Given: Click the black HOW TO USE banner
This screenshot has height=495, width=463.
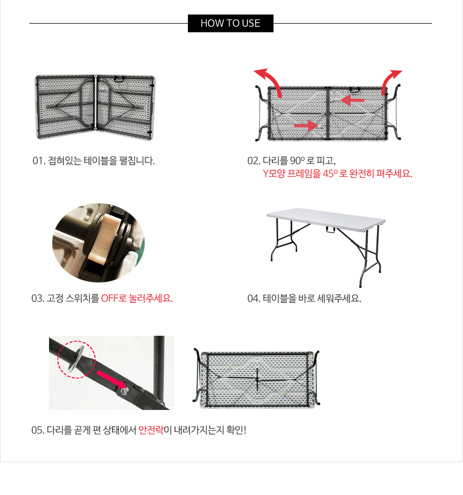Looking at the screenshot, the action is tap(230, 23).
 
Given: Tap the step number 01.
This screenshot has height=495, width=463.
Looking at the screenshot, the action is tap(38, 161).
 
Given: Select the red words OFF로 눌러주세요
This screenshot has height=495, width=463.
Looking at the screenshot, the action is tap(137, 298).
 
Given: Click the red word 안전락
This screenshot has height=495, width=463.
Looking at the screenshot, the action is tap(151, 430).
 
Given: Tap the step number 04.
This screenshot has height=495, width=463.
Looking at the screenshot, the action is tap(253, 298).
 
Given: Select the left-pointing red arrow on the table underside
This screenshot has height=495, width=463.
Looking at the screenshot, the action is tap(352, 101).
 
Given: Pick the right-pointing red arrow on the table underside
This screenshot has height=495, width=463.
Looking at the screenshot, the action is tap(306, 126).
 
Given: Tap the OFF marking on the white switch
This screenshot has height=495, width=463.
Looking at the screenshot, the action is tap(101, 249).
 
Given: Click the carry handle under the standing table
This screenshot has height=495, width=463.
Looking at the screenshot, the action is tap(331, 229).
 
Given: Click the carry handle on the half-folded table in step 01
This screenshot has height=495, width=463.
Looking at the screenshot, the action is tap(119, 79).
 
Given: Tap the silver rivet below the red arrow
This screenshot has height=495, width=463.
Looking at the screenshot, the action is tap(124, 391).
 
